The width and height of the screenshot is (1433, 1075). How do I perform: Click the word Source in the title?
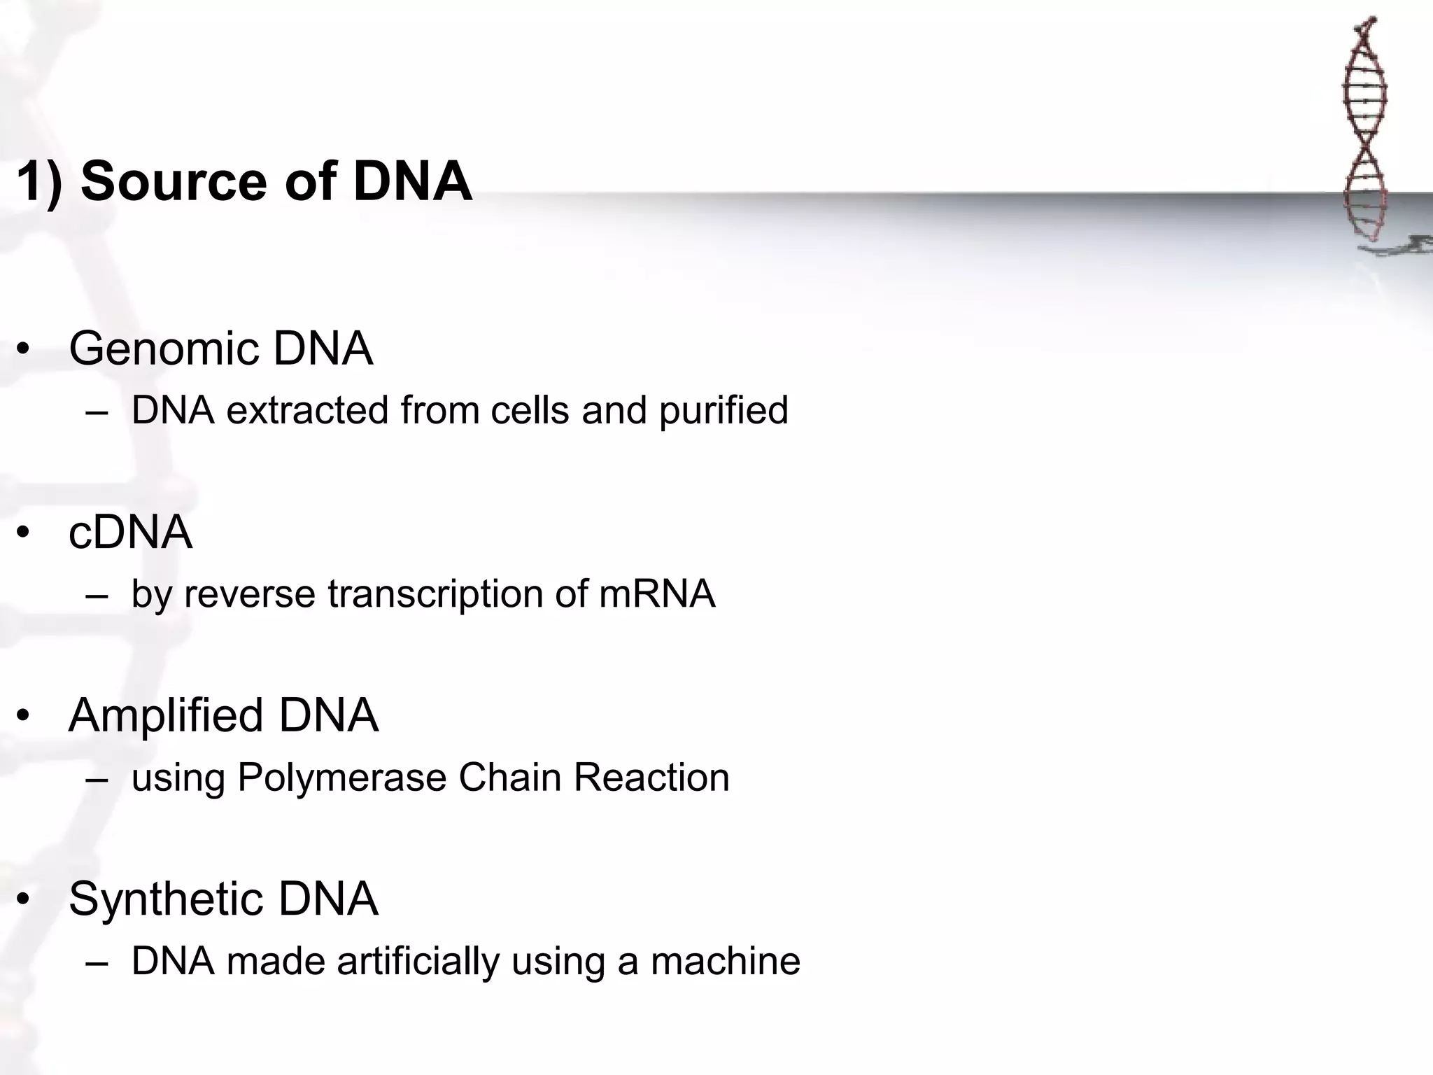tap(174, 181)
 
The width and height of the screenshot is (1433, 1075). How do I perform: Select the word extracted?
tap(307, 410)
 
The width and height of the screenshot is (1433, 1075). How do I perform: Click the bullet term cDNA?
tap(130, 533)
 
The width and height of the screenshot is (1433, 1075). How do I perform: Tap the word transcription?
tap(435, 594)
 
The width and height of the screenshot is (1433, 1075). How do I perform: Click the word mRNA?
tap(656, 594)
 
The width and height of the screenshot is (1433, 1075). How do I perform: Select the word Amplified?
tap(167, 716)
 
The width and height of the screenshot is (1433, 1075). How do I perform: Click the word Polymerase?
tap(341, 778)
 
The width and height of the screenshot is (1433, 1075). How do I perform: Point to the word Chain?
tap(509, 778)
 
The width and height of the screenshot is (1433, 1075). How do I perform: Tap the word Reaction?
tap(651, 778)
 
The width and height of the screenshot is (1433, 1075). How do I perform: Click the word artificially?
tap(418, 962)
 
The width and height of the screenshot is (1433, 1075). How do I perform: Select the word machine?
tap(726, 962)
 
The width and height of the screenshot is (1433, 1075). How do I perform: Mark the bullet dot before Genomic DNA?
tap(24, 349)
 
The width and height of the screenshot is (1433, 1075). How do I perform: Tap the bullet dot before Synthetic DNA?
tap(24, 900)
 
